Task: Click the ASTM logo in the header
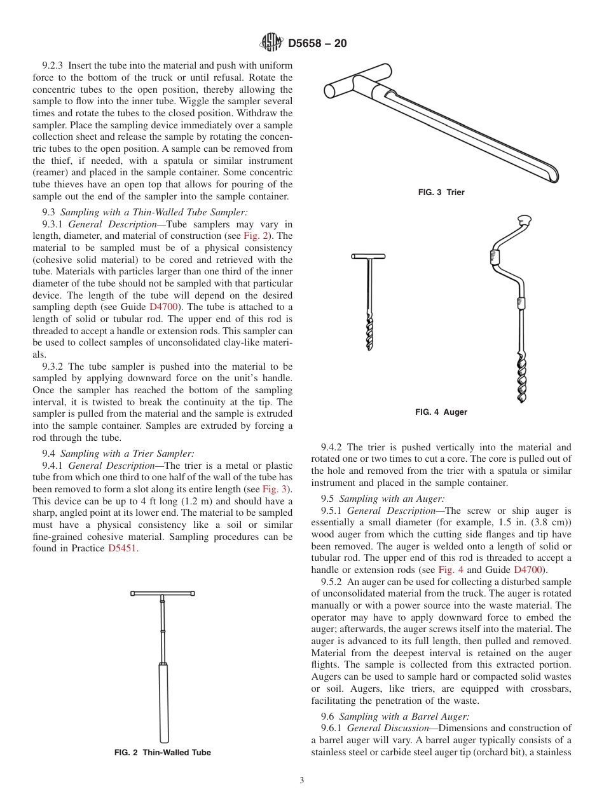click(x=272, y=43)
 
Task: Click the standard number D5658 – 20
click(x=317, y=44)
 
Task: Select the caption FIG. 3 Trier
click(x=441, y=192)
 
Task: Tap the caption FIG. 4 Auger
click(x=441, y=412)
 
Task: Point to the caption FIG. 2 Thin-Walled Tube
click(x=163, y=752)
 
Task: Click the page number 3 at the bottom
click(x=302, y=781)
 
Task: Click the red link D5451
click(x=123, y=548)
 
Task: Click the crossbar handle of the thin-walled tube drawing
click(x=163, y=593)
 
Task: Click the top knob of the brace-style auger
click(x=525, y=220)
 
